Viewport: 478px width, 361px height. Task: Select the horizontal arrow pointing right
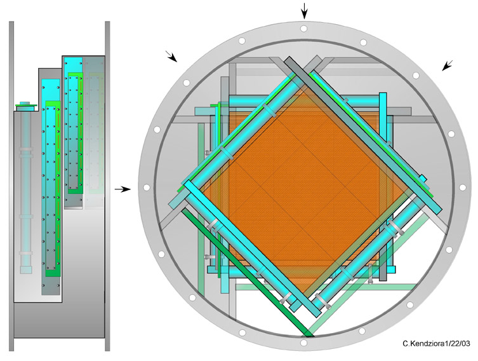coord(123,189)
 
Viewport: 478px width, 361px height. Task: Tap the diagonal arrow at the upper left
coord(171,56)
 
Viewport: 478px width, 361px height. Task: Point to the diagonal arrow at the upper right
coord(447,65)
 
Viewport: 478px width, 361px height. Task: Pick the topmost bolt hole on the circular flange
coord(303,29)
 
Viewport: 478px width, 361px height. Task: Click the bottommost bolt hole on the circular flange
coord(303,343)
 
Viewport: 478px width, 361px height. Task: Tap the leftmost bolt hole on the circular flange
coord(147,187)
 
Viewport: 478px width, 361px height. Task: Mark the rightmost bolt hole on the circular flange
coord(462,187)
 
